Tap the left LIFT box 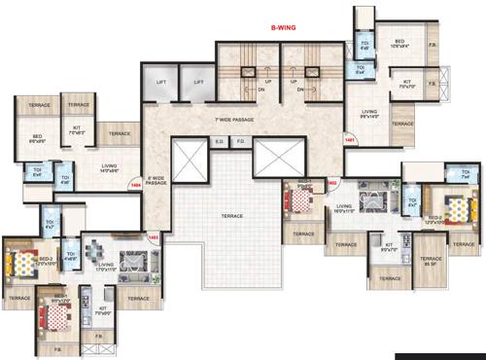point(162,83)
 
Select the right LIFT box point(197,83)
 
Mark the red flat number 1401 point(349,140)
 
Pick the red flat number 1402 point(331,182)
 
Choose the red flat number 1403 point(153,236)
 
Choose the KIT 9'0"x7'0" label point(389,247)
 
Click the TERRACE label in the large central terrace point(231,216)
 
